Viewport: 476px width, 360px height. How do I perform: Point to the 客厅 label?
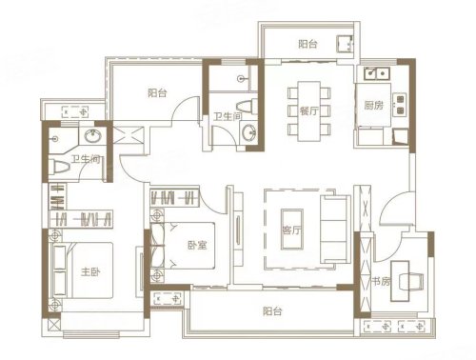click(x=292, y=230)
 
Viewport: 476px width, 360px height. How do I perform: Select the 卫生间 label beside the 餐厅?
click(x=228, y=117)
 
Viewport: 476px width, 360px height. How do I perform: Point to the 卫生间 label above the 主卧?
click(x=86, y=161)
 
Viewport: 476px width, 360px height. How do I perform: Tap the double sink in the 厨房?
click(x=373, y=73)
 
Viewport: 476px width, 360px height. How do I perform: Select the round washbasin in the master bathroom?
click(x=93, y=137)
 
